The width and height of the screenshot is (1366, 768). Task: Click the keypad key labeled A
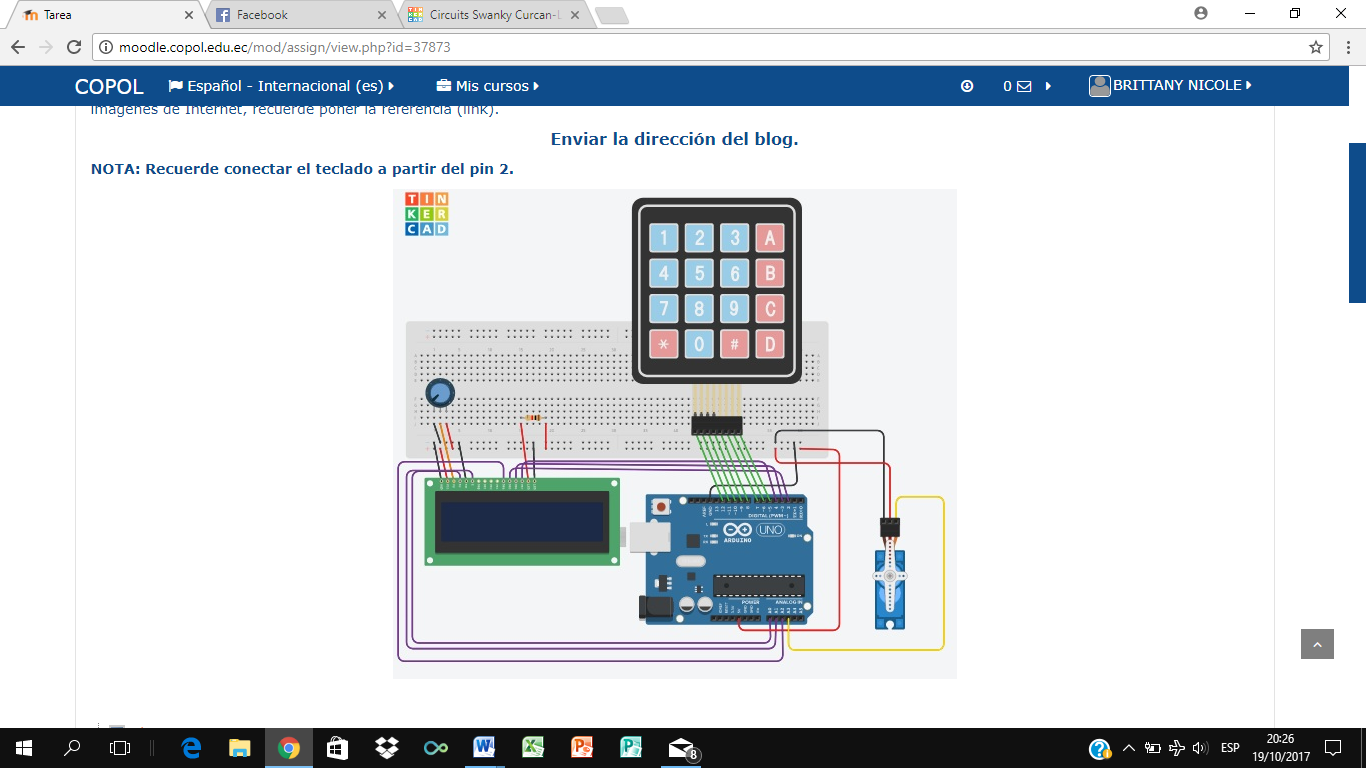coord(769,238)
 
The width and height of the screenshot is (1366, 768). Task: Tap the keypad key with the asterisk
coord(663,345)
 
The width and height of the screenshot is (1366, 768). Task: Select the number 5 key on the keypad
coord(699,273)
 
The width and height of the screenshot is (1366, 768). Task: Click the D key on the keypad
coord(769,345)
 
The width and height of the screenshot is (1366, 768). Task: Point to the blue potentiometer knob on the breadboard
coord(439,393)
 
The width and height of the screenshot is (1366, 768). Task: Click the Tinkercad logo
coord(426,214)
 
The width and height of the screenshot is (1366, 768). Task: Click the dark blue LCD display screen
coord(522,521)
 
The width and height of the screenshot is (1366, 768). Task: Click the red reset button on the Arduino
coord(661,508)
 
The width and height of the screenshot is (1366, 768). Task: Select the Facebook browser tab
coord(262,15)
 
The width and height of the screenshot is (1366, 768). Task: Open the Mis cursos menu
coord(488,86)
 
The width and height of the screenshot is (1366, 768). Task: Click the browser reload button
coord(73,47)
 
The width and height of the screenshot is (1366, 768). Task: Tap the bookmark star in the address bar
coord(1316,47)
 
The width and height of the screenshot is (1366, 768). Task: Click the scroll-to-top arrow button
coord(1317,645)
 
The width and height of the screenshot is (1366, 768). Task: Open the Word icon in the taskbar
coord(484,748)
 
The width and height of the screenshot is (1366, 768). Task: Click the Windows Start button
coord(24,748)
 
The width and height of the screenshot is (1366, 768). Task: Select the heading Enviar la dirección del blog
coord(674,139)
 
